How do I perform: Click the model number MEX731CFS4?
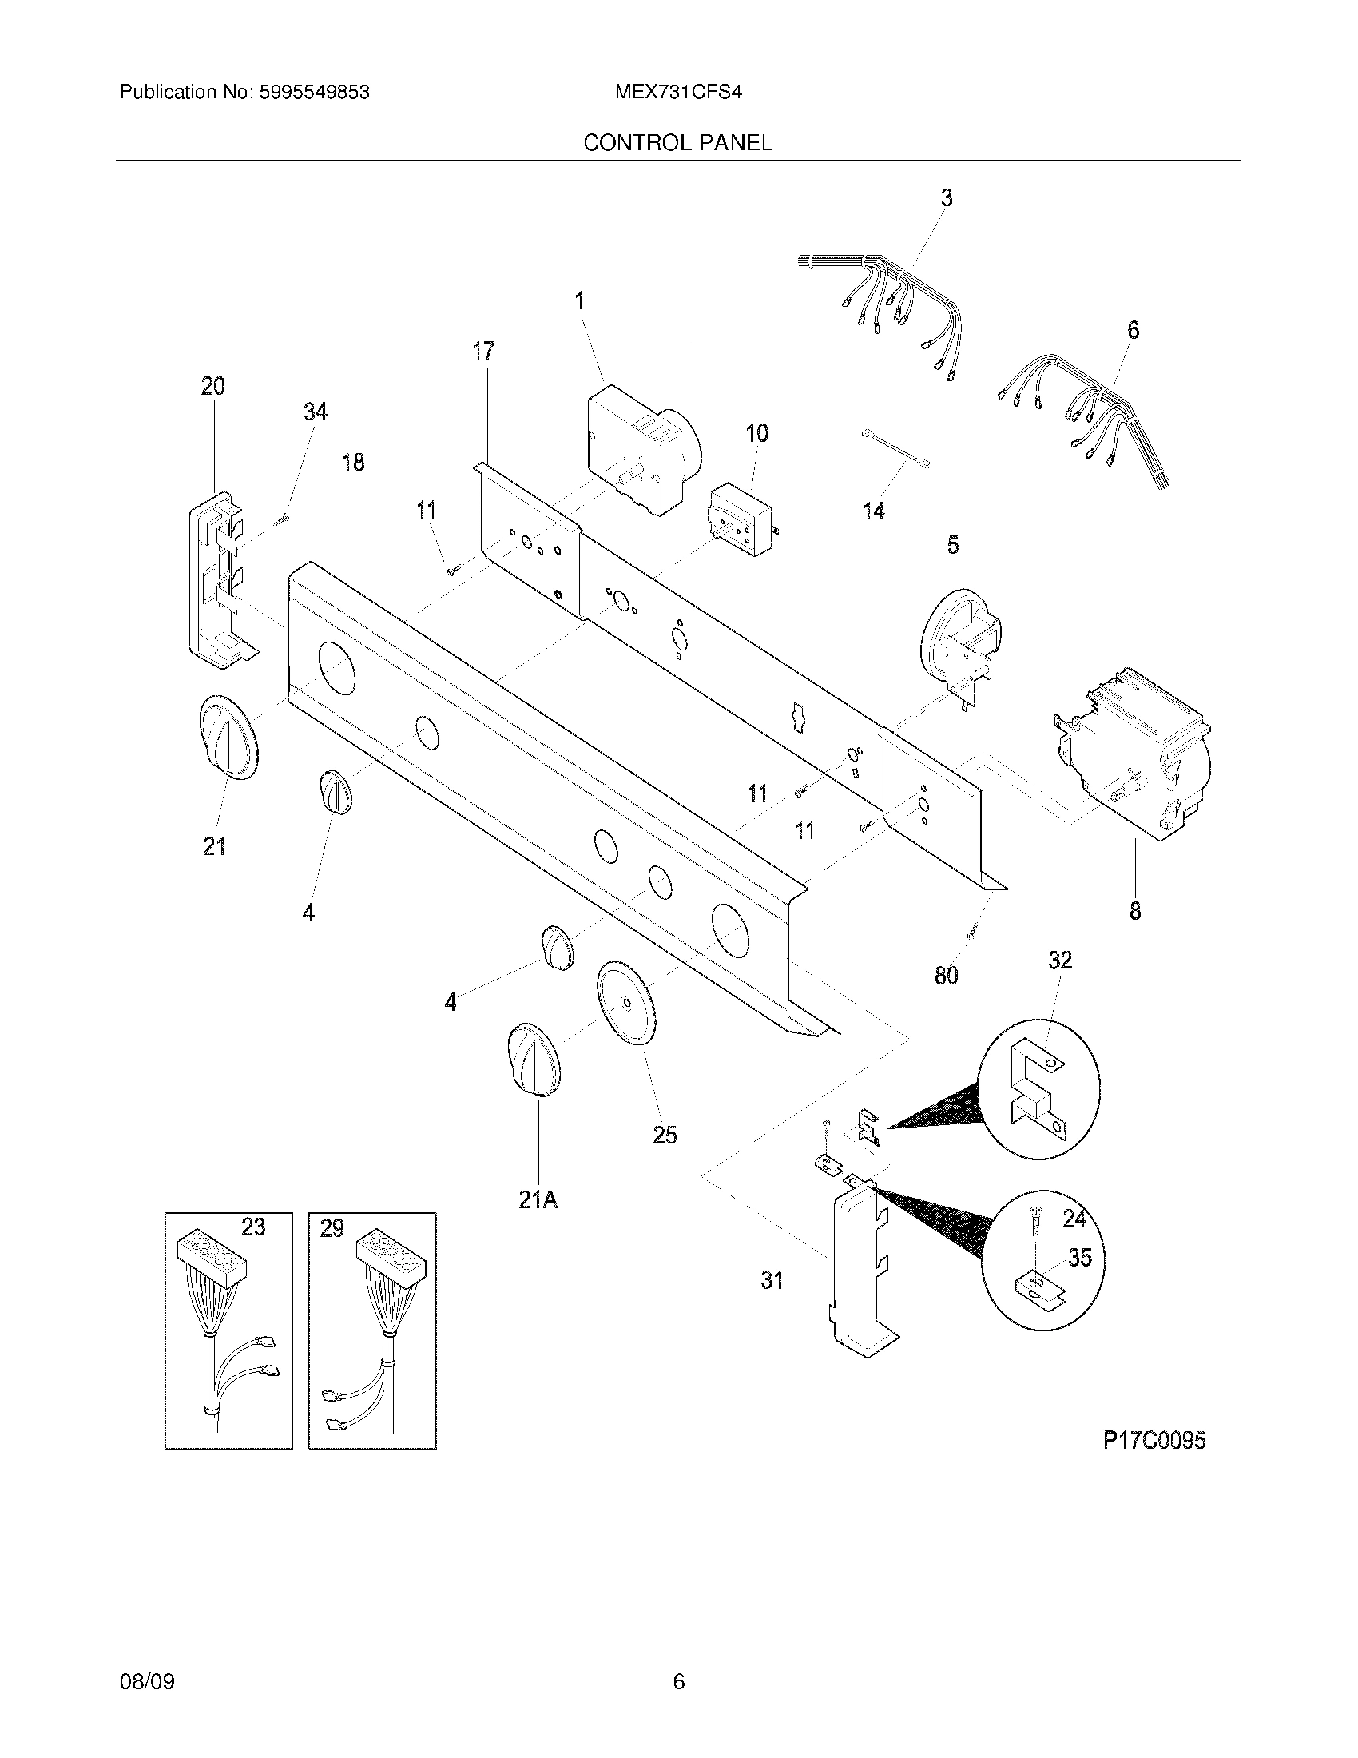[677, 93]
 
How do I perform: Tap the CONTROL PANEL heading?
[677, 143]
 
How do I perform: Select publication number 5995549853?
[314, 93]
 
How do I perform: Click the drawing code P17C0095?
[1154, 1440]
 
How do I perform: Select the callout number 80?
[946, 976]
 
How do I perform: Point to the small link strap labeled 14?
[895, 448]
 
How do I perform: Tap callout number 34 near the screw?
[316, 412]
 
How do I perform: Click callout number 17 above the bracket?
[483, 351]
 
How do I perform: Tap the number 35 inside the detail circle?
[1080, 1257]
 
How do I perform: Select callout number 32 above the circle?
[1060, 960]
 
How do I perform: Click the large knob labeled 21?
[228, 738]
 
